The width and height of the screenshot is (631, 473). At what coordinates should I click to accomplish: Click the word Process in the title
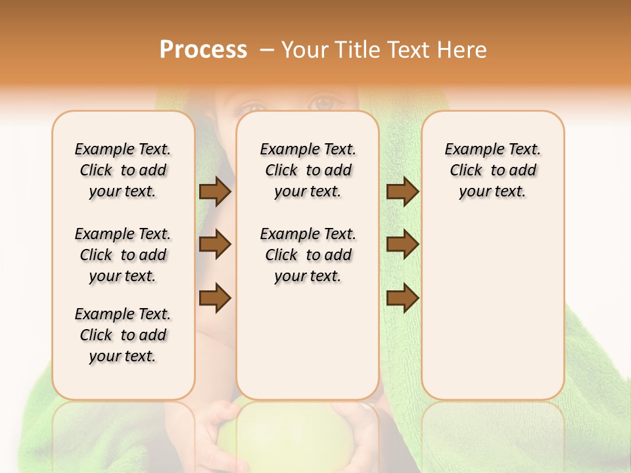point(202,50)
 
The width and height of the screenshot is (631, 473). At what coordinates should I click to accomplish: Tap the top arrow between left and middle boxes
point(215,192)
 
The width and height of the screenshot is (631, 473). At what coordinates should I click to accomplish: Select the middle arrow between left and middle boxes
point(215,244)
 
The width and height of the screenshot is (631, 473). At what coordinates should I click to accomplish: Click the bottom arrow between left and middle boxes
point(215,298)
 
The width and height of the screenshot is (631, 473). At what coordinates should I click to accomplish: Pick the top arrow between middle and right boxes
point(402,192)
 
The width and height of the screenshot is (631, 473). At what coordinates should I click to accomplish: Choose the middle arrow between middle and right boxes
point(402,244)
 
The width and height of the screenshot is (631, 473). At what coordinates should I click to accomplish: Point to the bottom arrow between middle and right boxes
point(402,298)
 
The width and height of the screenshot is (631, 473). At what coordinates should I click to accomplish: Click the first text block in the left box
point(123,170)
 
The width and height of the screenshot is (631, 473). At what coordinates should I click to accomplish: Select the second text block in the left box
point(123,255)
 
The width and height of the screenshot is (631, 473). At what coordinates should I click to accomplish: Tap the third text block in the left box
point(123,335)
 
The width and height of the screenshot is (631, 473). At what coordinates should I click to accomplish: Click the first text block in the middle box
point(308,170)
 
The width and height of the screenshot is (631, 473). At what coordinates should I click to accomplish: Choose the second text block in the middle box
point(308,255)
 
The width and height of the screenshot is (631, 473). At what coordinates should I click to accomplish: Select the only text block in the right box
point(492,170)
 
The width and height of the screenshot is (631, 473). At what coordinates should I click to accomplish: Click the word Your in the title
point(302,50)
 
